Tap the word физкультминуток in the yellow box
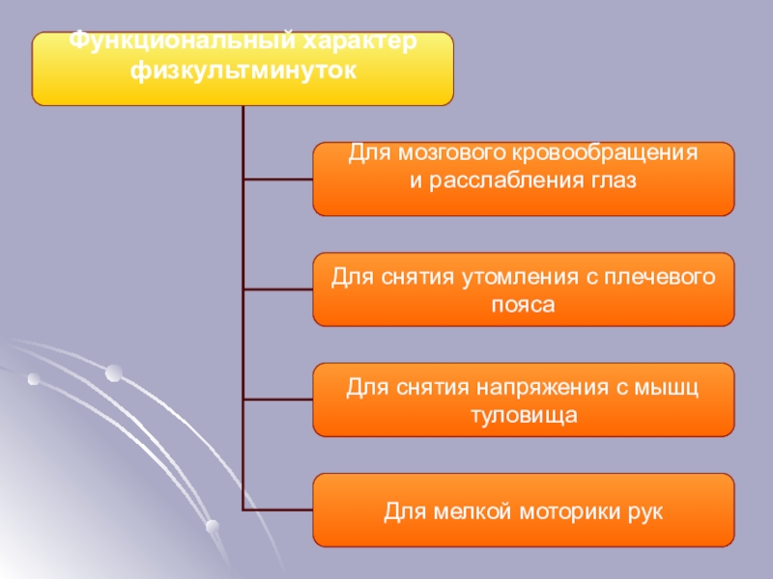point(243,69)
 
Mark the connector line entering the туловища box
point(277,400)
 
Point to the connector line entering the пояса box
point(277,289)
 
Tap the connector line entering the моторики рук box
point(277,510)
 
